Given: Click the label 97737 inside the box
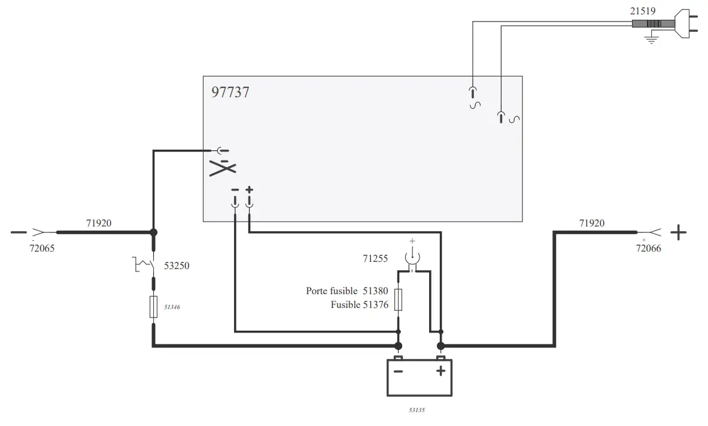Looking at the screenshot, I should tap(230, 92).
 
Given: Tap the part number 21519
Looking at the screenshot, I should tap(642, 10).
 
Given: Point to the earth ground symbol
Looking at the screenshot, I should tap(651, 39).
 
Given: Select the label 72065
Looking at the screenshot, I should tap(42, 248).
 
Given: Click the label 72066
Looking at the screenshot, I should tap(648, 248).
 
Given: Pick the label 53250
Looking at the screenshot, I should tap(177, 265).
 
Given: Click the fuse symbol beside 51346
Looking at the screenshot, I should tap(154, 306).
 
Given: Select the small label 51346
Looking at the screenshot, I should tap(172, 307).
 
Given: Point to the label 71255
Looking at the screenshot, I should tap(375, 259).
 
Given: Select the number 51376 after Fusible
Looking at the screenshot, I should tap(375, 305).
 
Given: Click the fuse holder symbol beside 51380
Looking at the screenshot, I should tap(399, 299).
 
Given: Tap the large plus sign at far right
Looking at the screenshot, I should tap(678, 232).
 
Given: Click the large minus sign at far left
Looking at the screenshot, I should tap(19, 232).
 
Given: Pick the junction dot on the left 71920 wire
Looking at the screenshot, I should tap(154, 232).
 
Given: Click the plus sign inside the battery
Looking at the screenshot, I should tap(440, 371).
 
